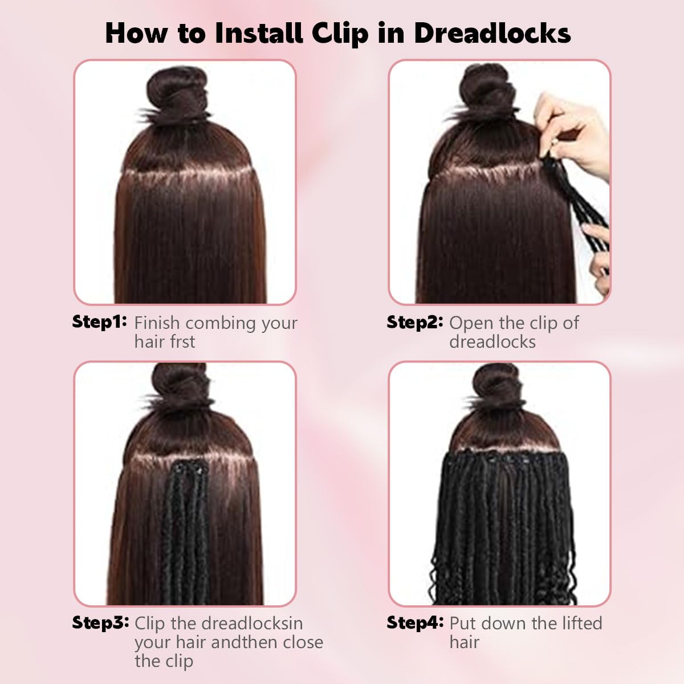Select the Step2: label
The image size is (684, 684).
click(x=414, y=322)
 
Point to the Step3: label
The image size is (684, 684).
click(x=100, y=622)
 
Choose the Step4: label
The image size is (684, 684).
click(x=415, y=622)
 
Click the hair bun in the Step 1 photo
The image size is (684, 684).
click(x=177, y=94)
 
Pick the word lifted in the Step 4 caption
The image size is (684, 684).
click(x=576, y=623)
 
